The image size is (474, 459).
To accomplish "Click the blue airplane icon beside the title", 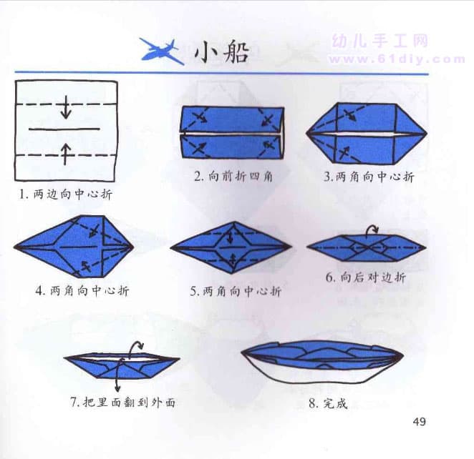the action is (x=162, y=52).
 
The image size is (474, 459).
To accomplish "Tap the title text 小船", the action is (x=222, y=52).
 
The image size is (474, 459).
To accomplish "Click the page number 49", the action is (x=420, y=421).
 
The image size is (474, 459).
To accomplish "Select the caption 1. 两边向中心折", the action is (x=66, y=194).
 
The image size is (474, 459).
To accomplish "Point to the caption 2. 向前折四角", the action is (x=233, y=177).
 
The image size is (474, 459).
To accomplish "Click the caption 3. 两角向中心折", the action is (x=369, y=177).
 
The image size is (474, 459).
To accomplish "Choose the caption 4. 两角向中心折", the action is (x=82, y=290).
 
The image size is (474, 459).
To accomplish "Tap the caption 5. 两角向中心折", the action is (x=236, y=291).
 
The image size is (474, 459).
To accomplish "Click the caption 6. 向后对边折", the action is (x=366, y=277).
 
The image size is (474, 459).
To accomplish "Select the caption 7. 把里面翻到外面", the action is (x=123, y=403).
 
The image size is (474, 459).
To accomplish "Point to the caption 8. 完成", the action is (x=329, y=403).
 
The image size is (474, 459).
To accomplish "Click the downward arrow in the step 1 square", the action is (x=66, y=107).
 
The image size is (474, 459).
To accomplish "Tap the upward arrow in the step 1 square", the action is (x=65, y=154).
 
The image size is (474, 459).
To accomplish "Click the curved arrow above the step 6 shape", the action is (x=372, y=230).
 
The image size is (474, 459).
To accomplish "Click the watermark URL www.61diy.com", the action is (x=397, y=59).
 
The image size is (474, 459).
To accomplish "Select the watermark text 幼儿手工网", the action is (x=381, y=41).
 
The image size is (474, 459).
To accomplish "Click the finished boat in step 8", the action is (x=322, y=361).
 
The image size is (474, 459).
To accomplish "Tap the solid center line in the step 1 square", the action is (x=64, y=129).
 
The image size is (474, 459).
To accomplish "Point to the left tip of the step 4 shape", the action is (x=14, y=247).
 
